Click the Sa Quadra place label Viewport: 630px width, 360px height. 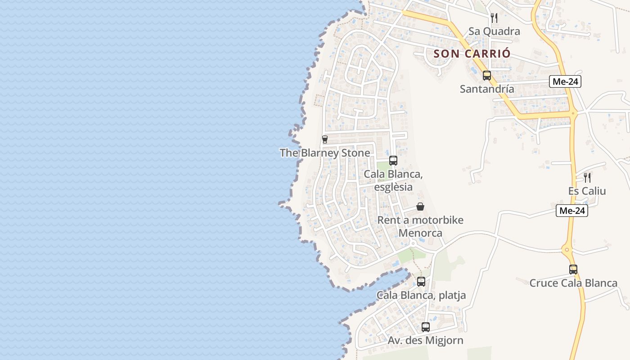(x=494, y=31)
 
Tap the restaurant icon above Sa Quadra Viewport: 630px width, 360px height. (x=494, y=18)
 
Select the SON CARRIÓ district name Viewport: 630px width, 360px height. (x=472, y=54)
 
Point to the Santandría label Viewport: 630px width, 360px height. (x=487, y=89)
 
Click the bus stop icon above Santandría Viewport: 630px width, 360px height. (x=487, y=75)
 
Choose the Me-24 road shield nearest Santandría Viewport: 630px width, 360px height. (x=565, y=81)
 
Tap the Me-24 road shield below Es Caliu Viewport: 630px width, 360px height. (x=572, y=210)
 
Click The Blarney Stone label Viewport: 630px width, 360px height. (x=325, y=153)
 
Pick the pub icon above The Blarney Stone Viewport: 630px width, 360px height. (x=325, y=139)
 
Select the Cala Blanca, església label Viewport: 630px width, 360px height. (x=393, y=180)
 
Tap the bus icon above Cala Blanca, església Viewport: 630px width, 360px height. (x=393, y=160)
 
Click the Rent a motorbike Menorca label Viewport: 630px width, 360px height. (x=420, y=226)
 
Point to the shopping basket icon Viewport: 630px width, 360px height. (x=420, y=207)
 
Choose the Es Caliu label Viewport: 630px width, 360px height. (x=587, y=191)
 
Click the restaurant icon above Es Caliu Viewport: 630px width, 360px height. (x=587, y=177)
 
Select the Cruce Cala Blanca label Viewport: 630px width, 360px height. (x=573, y=283)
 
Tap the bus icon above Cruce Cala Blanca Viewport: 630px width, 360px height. (x=573, y=270)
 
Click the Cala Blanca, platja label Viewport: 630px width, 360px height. (x=421, y=295)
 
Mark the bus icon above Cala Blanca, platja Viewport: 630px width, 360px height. (x=421, y=282)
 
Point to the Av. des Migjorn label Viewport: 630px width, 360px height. (x=426, y=341)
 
